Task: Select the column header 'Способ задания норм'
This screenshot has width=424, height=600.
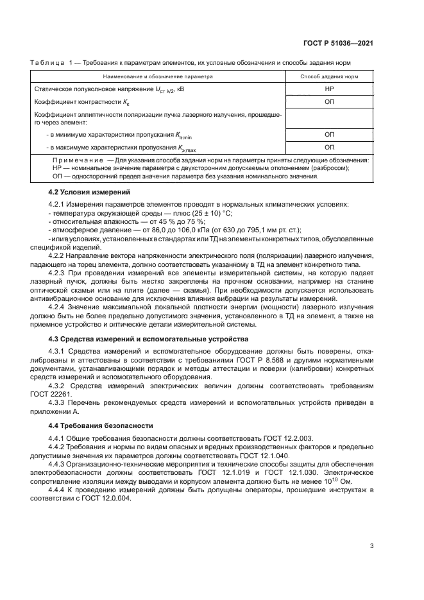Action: tap(329, 76)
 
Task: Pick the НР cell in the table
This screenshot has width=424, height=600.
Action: tap(329, 89)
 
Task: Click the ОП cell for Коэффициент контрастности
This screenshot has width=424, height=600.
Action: tap(329, 102)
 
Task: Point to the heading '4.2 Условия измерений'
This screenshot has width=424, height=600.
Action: tap(89, 192)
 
